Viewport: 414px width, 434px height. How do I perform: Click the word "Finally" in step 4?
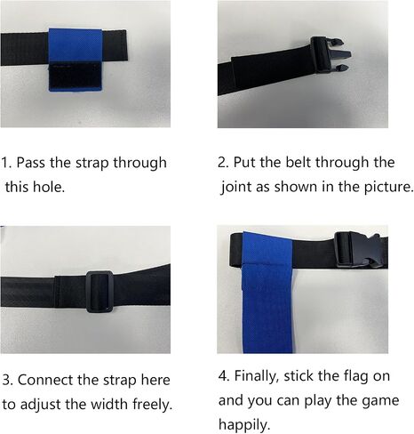click(257, 376)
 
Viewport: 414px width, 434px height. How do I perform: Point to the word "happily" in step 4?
click(244, 425)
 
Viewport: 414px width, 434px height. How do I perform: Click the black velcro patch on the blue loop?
click(76, 76)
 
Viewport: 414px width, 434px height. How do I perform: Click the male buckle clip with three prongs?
click(330, 55)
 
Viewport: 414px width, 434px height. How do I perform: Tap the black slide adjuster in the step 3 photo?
click(100, 292)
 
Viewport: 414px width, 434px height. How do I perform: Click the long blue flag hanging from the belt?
click(267, 293)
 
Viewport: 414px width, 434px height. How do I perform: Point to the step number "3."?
click(7, 380)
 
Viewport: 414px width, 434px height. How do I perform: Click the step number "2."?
click(223, 163)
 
